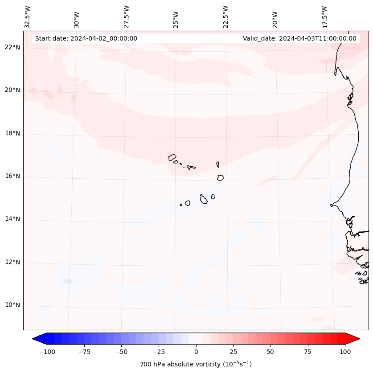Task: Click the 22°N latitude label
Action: [12, 47]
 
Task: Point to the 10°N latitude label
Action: [12, 305]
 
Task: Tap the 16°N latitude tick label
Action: [12, 176]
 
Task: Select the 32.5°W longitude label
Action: [28, 16]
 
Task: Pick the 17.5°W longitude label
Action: [324, 16]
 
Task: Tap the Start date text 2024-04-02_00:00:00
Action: [86, 38]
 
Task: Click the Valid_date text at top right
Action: [299, 38]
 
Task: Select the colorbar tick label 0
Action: [196, 352]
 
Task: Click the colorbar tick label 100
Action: [345, 352]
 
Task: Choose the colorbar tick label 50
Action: [271, 352]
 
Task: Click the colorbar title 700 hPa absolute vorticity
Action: [196, 364]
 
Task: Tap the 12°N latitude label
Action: [12, 262]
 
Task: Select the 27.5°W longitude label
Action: [127, 16]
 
